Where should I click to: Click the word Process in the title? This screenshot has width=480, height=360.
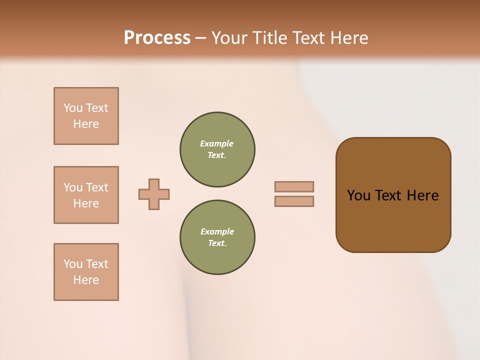[157, 38]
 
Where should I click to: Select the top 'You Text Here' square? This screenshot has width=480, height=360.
[86, 116]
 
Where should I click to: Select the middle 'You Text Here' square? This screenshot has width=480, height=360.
[86, 195]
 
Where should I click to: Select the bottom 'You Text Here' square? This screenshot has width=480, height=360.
[86, 272]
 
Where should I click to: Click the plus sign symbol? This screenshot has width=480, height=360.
[154, 194]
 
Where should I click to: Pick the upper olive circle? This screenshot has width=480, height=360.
[217, 149]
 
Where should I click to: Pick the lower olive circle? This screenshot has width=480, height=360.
[217, 237]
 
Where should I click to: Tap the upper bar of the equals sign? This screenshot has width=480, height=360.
[294, 186]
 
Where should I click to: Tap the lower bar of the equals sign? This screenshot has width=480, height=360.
[294, 201]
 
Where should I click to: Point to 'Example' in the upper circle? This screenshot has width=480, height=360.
[216, 143]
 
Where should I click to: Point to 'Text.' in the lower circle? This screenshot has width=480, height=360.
[217, 243]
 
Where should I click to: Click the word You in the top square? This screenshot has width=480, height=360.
[73, 108]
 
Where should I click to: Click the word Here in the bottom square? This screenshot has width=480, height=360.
[86, 280]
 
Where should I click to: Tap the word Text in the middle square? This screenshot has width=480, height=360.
[97, 187]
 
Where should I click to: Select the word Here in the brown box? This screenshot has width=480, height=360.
[422, 195]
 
